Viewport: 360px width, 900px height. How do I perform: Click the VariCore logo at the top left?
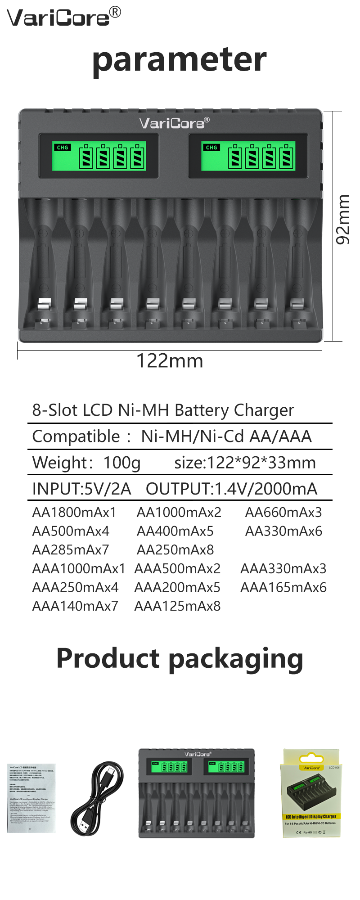(x=63, y=17)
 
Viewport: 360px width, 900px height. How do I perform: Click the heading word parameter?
(x=179, y=59)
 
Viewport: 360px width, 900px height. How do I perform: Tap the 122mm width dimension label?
(x=170, y=361)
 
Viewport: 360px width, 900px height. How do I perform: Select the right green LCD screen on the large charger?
(x=248, y=156)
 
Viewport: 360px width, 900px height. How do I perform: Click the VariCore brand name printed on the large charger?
(x=174, y=123)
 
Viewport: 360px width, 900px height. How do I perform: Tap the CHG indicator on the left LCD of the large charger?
(x=63, y=148)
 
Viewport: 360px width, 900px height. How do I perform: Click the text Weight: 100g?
(x=86, y=463)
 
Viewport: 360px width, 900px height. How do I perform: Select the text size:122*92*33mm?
(x=245, y=463)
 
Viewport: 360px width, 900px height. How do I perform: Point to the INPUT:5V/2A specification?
(x=81, y=489)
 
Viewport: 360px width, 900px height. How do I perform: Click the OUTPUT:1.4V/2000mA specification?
(x=231, y=489)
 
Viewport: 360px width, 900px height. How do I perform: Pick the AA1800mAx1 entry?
(x=74, y=512)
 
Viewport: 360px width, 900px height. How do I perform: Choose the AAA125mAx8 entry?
(x=177, y=606)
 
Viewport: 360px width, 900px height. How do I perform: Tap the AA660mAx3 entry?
(x=283, y=512)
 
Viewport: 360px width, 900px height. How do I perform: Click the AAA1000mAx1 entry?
(x=79, y=569)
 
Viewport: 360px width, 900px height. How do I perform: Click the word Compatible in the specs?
(x=76, y=436)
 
